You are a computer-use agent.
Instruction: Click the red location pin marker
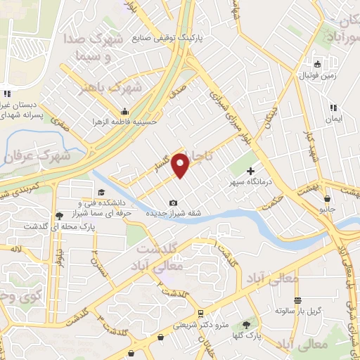(181, 165)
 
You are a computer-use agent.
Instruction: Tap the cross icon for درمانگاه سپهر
(251, 171)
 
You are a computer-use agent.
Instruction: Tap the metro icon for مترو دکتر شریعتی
(201, 314)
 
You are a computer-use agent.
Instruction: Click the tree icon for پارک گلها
(246, 325)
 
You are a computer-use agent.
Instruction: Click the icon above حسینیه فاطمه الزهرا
(125, 110)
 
